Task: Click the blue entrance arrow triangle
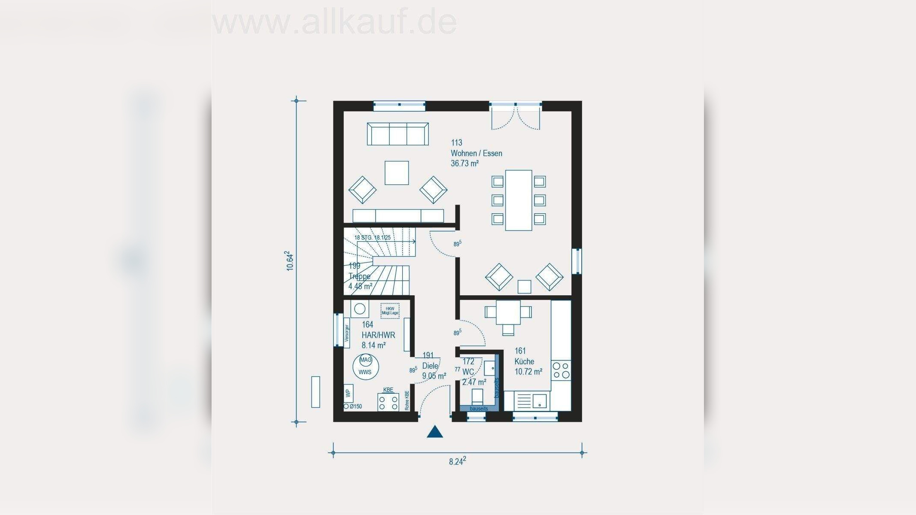435,432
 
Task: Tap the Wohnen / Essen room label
476,153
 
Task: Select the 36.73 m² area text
464,164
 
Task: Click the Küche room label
524,361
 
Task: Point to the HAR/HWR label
378,335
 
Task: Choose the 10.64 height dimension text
291,261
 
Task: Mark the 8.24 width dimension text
457,461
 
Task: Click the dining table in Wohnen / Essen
519,200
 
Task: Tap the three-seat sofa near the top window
397,134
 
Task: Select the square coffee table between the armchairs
397,173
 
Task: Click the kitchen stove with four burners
561,370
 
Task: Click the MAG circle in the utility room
366,360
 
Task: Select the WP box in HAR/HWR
348,393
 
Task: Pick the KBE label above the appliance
388,390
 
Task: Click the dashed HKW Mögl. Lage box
390,311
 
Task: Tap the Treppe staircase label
360,276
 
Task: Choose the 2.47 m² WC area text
474,382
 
